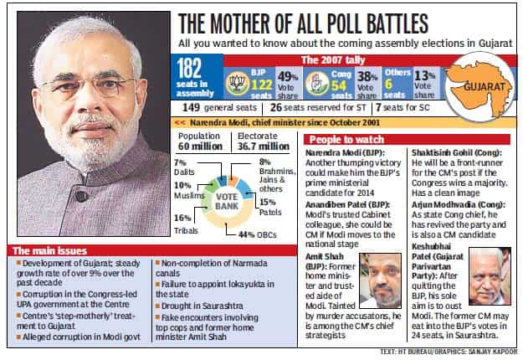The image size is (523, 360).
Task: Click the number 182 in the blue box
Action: click(189, 69)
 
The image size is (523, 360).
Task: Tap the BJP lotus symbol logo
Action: click(238, 84)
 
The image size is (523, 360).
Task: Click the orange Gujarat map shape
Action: click(479, 87)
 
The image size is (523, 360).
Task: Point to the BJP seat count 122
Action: click(262, 85)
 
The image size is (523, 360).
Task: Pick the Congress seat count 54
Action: click(338, 85)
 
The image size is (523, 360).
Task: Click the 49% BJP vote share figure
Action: click(288, 77)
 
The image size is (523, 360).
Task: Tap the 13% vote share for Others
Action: click(424, 75)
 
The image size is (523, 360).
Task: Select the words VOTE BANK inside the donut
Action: click(227, 202)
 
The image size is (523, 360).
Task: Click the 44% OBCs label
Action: click(258, 235)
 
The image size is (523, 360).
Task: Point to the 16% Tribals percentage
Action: click(182, 218)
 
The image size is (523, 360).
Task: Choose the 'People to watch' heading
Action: click(346, 140)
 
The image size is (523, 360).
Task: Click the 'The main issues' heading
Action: click(49, 251)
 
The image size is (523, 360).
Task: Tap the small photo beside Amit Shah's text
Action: click(380, 280)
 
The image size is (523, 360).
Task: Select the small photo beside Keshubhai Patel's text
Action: click(490, 276)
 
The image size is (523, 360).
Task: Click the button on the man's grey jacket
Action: click(81, 196)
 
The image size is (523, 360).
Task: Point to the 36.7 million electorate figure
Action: click(264, 147)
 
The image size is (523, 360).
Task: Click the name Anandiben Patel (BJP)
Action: click(347, 204)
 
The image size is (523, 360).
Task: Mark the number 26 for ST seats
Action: click(276, 107)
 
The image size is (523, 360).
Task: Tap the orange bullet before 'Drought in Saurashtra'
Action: click(158, 306)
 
